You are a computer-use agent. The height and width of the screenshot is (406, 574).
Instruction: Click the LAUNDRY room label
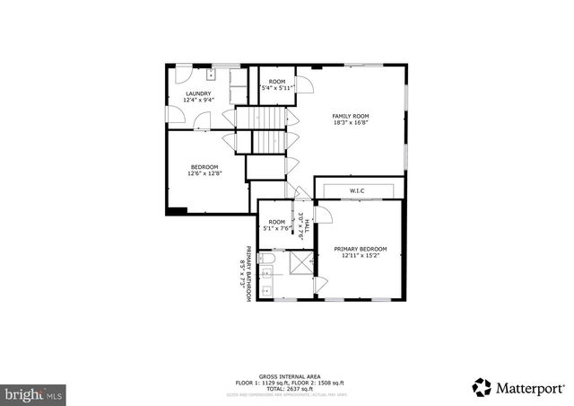[x=198, y=93]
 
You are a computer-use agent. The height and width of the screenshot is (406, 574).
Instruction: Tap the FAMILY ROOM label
[x=351, y=116]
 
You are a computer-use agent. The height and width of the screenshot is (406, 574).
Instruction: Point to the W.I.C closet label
[x=357, y=190]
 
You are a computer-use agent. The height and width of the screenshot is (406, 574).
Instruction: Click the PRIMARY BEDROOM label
[x=361, y=249]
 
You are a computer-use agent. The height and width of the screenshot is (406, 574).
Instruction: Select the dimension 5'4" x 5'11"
[x=278, y=88]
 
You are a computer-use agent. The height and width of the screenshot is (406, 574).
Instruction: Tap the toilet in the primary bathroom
[x=267, y=262]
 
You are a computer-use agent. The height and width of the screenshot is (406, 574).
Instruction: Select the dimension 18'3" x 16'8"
[x=351, y=123]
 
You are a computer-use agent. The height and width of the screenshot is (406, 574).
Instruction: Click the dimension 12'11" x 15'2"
[x=361, y=256]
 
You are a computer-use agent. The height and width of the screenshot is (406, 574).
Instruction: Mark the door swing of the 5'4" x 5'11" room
[x=306, y=85]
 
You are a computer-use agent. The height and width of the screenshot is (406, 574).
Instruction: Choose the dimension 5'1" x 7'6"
[x=276, y=228]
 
